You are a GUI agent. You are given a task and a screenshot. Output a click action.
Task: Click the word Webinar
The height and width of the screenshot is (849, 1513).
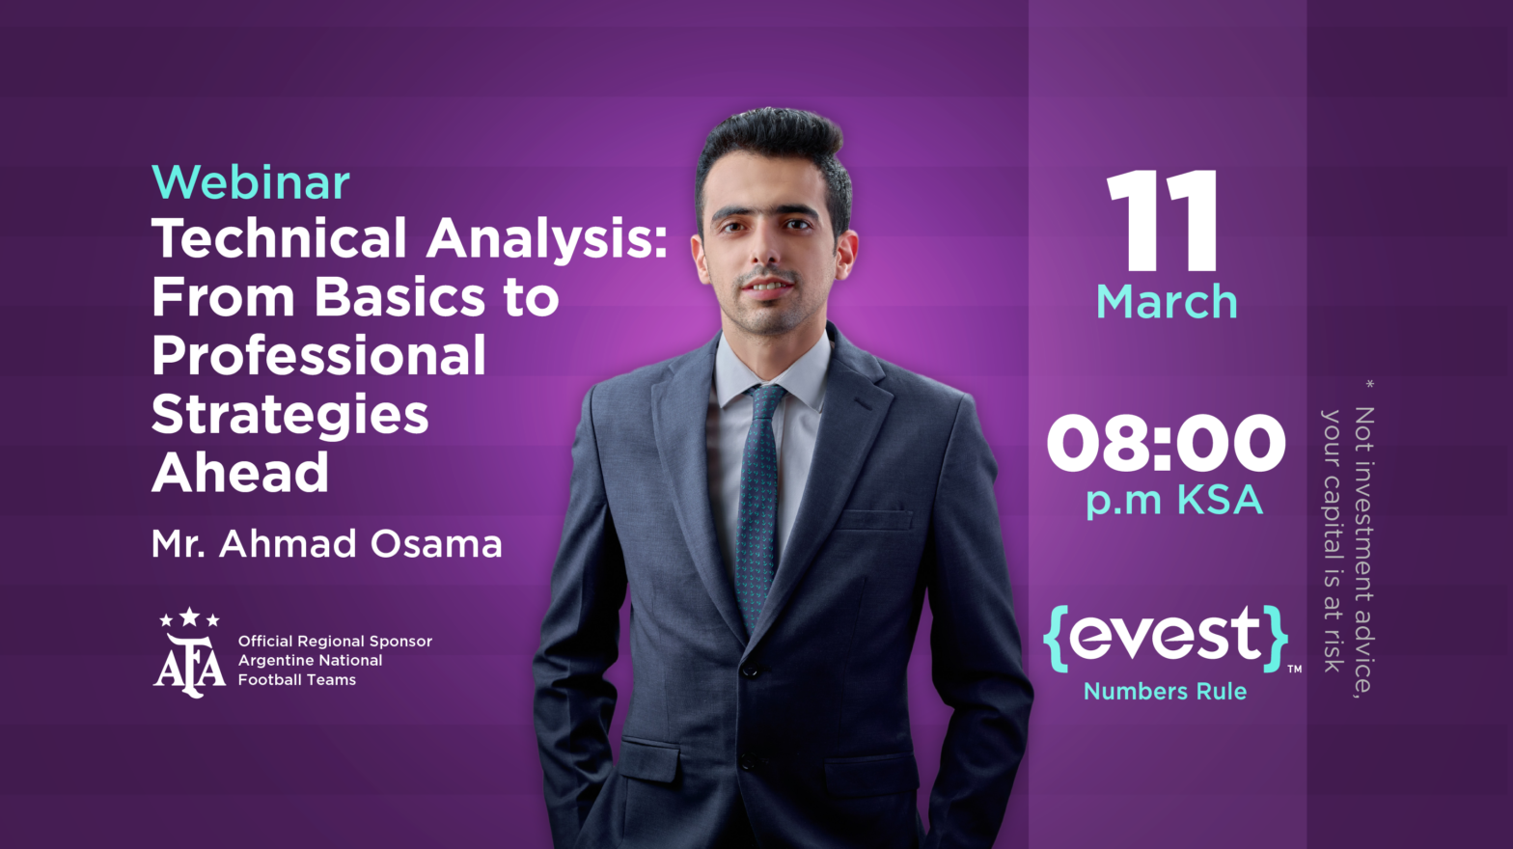251,182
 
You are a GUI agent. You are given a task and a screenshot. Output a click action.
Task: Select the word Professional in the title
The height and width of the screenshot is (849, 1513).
318,356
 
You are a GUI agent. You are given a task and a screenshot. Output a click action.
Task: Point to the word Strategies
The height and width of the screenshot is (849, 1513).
289,415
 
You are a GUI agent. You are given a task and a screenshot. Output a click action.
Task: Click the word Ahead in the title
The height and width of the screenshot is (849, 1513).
240,473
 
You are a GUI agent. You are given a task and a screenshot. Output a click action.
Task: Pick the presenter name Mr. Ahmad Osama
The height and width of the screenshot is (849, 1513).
326,544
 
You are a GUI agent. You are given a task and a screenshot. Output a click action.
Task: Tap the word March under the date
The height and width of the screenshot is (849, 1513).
1167,302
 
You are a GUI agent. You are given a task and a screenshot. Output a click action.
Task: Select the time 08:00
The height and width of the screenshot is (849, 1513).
1166,444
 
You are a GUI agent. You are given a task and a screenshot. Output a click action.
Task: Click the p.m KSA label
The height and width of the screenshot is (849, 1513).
1173,501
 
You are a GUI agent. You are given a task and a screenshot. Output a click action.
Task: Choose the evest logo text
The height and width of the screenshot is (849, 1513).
1166,636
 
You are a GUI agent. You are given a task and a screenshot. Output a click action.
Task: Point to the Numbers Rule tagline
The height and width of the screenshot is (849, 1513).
1165,692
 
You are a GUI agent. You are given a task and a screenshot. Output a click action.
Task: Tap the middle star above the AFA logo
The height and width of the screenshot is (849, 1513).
190,616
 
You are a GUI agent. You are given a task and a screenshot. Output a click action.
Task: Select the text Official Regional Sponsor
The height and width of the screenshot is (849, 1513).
335,642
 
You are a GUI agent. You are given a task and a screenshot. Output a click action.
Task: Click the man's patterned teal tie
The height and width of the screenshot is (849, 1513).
757,502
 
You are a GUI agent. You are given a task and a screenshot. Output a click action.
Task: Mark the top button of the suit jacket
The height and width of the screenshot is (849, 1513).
749,669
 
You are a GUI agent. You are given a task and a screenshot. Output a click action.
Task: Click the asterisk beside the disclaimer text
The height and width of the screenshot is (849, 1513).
1369,385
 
